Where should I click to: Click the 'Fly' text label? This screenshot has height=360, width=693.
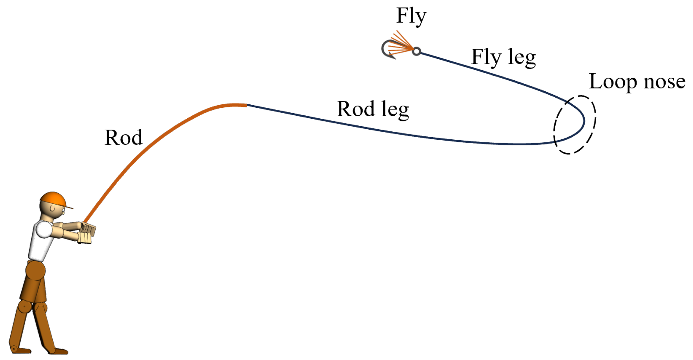pyautogui.click(x=411, y=16)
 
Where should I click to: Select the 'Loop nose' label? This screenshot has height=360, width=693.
pyautogui.click(x=637, y=82)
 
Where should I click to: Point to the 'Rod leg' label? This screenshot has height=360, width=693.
pyautogui.click(x=373, y=109)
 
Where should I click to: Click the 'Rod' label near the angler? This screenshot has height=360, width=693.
pyautogui.click(x=123, y=138)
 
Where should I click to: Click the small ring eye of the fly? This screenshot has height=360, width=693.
pyautogui.click(x=417, y=51)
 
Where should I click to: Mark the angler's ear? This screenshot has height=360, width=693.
pyautogui.click(x=52, y=209)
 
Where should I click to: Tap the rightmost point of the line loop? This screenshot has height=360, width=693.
pyautogui.click(x=584, y=121)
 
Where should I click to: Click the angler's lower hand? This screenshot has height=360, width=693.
pyautogui.click(x=84, y=238)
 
